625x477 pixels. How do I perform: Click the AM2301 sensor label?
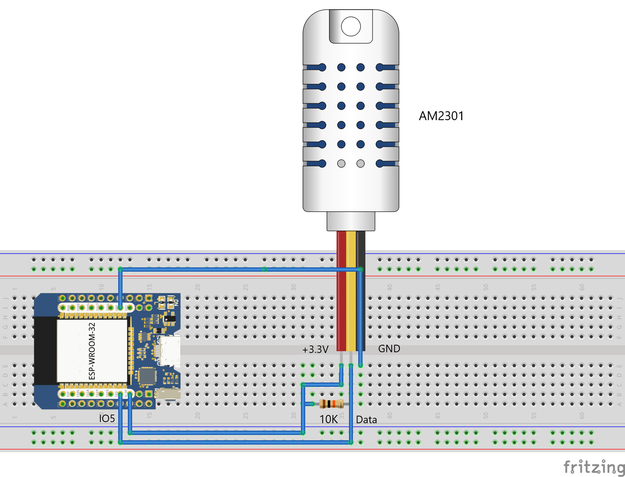coord(441,116)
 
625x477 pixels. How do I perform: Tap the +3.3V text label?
coord(315,349)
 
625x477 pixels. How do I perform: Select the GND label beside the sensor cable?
coord(389,349)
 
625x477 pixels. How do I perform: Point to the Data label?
coord(366,420)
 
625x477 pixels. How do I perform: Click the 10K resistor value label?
coord(328,419)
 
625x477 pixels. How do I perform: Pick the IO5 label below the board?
coord(107,418)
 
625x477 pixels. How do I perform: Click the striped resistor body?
coord(331,404)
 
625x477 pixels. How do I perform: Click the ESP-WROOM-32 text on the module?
coord(92,351)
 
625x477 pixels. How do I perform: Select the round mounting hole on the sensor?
coord(351,26)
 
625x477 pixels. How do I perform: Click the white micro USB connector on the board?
coord(170,351)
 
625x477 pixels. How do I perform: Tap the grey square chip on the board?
coord(147,376)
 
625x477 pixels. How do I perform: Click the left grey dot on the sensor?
coord(341,164)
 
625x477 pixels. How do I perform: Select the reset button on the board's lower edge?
coord(168,394)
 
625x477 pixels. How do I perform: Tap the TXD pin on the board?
coord(63,307)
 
